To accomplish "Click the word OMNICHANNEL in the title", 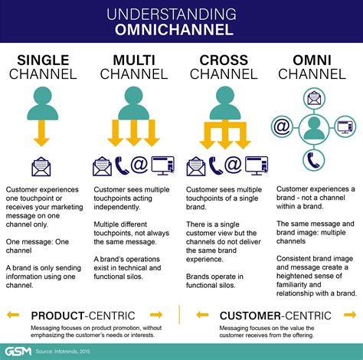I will (181, 30).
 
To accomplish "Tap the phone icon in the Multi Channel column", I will (121, 166).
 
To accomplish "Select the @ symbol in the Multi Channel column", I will (140, 166).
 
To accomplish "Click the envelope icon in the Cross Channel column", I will (197, 166).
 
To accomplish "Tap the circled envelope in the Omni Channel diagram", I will (314, 97).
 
